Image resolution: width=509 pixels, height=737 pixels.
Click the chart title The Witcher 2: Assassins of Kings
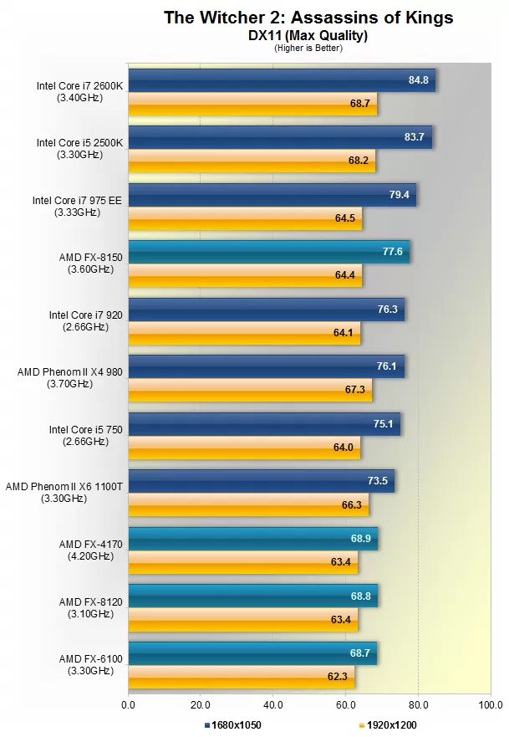(308, 18)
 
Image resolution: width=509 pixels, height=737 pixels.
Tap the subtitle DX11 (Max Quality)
(308, 35)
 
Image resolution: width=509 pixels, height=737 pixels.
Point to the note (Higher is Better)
(308, 48)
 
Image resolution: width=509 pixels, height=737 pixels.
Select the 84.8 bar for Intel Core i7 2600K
(282, 80)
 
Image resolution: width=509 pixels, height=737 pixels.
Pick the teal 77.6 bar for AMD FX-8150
(268, 252)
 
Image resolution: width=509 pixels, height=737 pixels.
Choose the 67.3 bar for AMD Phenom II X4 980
(250, 389)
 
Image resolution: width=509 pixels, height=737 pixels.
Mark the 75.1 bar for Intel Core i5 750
(264, 424)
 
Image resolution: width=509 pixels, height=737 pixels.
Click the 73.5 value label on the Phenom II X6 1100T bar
(378, 481)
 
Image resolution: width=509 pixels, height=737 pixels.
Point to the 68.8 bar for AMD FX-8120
(252, 596)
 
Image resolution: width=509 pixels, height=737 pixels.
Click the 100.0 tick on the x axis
(491, 705)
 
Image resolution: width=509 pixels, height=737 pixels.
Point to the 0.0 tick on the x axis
(128, 705)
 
